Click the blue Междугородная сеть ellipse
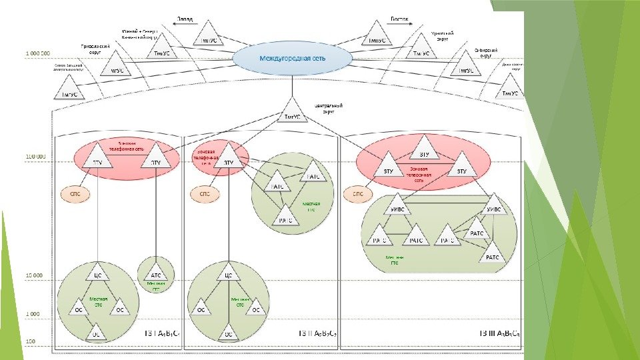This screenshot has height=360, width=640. (292, 59)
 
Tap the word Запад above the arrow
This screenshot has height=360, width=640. (186, 19)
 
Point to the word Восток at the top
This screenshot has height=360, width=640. (398, 19)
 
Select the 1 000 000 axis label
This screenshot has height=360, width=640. (37, 51)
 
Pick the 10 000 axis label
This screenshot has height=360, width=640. (34, 275)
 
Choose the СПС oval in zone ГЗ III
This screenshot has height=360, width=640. (358, 195)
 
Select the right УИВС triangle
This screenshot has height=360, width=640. (495, 205)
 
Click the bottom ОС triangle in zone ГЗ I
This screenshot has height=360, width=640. (97, 331)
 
